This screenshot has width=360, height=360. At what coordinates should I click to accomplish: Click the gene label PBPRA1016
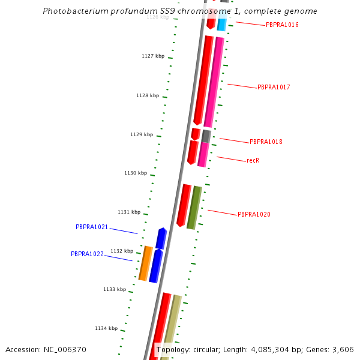(x=282, y=25)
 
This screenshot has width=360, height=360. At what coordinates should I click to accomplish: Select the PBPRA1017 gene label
(x=274, y=88)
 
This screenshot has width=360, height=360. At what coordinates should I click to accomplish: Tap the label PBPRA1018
(x=266, y=142)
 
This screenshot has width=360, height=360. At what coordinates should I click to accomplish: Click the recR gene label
(x=253, y=161)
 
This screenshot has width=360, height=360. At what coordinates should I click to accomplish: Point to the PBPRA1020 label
(x=254, y=215)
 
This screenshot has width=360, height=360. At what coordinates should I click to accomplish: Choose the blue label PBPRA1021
(x=92, y=227)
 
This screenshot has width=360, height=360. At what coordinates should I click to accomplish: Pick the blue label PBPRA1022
(x=87, y=254)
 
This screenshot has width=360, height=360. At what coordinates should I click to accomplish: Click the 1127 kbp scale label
(x=153, y=56)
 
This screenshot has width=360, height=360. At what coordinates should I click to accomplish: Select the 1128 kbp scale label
(x=148, y=96)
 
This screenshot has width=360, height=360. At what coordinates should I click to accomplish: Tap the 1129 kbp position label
(x=142, y=135)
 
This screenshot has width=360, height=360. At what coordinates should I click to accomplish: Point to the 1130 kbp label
(x=136, y=173)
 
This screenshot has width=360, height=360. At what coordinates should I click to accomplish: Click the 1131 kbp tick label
(x=129, y=212)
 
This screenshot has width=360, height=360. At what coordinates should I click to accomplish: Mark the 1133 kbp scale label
(x=115, y=290)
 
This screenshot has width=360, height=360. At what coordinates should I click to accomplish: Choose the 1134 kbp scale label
(x=106, y=329)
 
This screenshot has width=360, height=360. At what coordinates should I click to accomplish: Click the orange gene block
(x=145, y=263)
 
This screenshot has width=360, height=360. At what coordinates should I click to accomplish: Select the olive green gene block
(x=194, y=208)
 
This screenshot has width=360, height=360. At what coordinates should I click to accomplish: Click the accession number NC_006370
(x=67, y=350)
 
